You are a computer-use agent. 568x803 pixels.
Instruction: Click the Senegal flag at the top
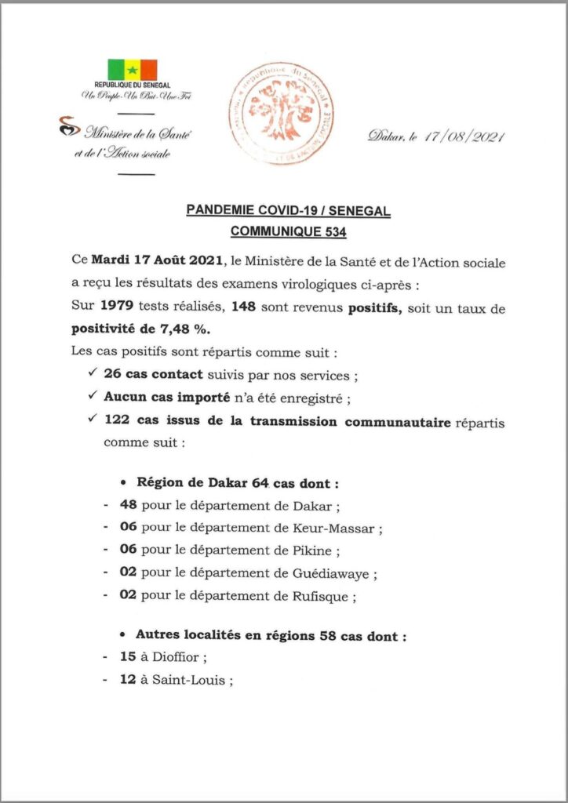[132, 70]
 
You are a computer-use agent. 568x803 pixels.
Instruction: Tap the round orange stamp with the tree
[280, 114]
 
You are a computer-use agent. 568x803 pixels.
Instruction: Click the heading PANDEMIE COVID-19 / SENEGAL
[288, 211]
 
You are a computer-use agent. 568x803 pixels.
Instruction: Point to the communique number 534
[331, 231]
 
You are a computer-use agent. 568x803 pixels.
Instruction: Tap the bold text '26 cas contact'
[155, 374]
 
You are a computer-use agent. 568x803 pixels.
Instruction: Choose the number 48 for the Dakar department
[129, 506]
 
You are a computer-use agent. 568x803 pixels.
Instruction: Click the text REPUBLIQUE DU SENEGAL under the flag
[133, 85]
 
